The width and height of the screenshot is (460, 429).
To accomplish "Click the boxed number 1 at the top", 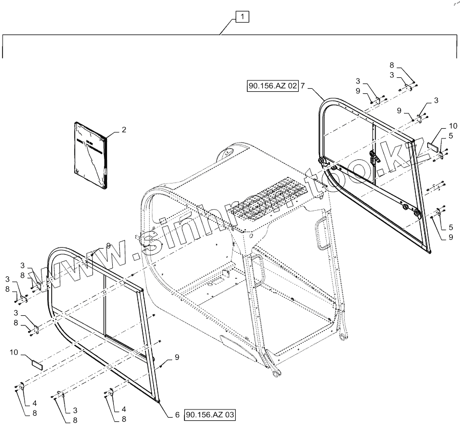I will pos(243,17).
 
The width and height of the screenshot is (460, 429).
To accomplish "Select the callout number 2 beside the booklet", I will pos(123,130).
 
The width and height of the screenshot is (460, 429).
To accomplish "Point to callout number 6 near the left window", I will pos(177,414).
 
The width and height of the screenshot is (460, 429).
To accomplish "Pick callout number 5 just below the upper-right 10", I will pos(451,136).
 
